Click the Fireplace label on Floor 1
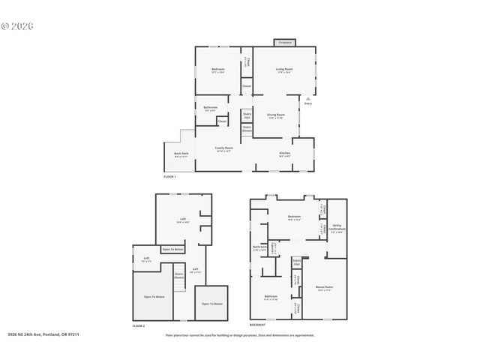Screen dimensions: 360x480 click(285, 43)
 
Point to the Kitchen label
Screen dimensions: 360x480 click(285, 154)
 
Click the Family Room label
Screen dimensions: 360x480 click(224, 149)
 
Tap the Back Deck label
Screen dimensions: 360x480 click(181, 154)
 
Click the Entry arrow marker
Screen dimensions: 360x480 click(308, 100)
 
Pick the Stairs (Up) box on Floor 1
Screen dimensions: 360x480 click(247, 115)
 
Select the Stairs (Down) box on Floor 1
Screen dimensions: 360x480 click(247, 129)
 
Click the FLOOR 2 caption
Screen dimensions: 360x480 click(139, 326)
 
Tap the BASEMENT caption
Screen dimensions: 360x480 click(258, 325)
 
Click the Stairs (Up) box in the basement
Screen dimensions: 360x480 click(297, 262)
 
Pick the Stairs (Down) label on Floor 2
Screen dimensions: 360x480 click(179, 275)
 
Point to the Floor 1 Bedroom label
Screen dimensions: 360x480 click(218, 72)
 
